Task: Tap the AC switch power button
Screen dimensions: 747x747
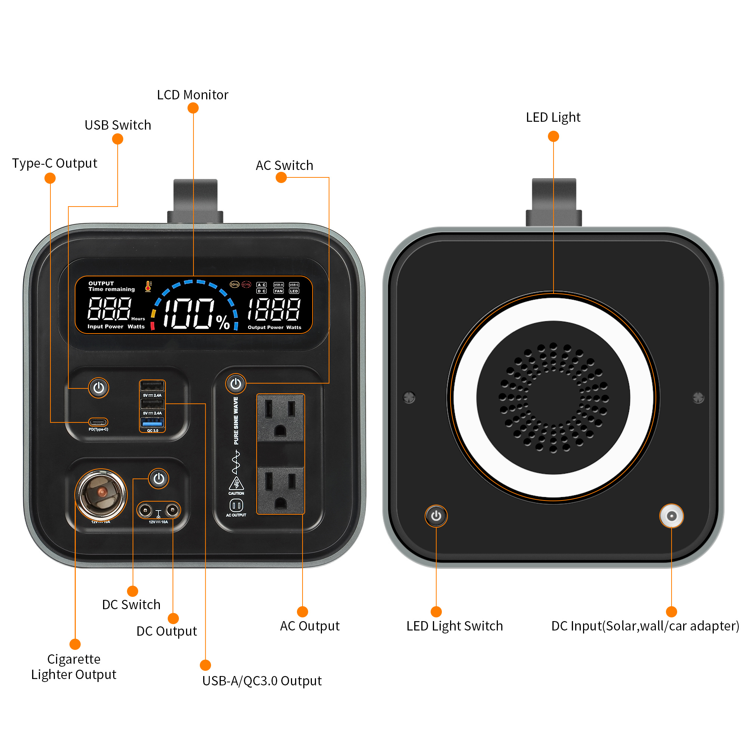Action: point(236,384)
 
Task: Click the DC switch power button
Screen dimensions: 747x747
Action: point(159,479)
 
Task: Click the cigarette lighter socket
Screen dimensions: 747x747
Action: point(101,495)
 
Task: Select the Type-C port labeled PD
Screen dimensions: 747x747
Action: point(98,422)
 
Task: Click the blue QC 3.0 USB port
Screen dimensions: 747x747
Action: point(152,422)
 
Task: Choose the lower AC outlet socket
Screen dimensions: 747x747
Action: point(280,490)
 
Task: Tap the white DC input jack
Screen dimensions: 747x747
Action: point(672,516)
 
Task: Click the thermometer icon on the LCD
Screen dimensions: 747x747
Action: point(148,286)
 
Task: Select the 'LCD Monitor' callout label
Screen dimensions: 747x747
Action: point(193,95)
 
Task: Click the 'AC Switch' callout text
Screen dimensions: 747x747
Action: point(285,165)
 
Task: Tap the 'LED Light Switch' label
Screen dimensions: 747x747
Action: point(455,626)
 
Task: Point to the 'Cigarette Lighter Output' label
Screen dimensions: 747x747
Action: point(74,667)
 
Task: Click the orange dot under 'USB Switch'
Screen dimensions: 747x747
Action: point(118,139)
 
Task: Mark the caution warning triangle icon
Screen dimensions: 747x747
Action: point(236,483)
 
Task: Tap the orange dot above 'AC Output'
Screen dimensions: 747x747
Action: point(303,612)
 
